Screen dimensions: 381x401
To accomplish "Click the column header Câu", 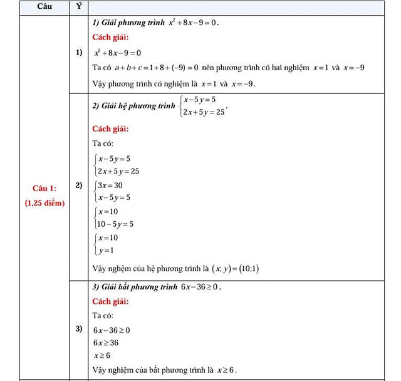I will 44,7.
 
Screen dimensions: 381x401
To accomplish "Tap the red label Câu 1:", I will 44,189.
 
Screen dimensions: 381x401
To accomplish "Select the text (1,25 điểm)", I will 44,203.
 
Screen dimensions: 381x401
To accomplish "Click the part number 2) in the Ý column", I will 78,186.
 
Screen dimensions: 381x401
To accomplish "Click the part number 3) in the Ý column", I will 78,328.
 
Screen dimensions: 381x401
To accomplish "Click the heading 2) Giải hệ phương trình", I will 133,106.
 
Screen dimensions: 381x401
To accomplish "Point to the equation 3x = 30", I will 110,185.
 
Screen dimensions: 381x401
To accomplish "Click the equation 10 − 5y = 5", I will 113,224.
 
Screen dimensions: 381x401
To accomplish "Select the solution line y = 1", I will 105,251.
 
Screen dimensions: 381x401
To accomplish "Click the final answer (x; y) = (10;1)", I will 236,269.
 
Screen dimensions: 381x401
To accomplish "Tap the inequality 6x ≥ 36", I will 106,343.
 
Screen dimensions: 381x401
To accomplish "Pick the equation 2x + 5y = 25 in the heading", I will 202,113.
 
